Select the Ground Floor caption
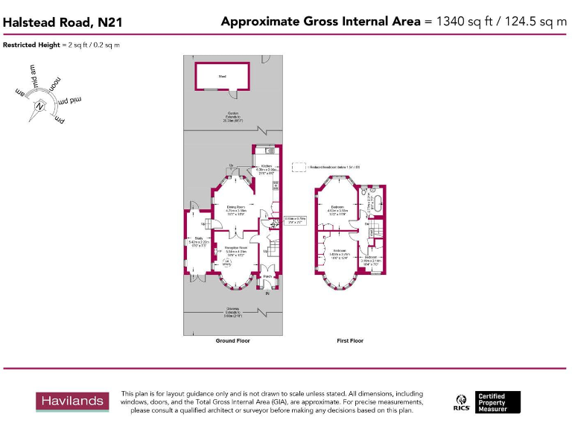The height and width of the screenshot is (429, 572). coord(233,340)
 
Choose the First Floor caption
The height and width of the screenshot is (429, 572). coord(350,340)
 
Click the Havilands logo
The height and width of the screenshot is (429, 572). coord(71,401)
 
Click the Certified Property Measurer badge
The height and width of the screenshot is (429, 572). coord(498,402)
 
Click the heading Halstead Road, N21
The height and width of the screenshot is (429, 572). coord(63,22)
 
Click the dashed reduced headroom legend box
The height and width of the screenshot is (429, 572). coord(300,167)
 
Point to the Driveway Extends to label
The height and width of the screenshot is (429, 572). coord(233,314)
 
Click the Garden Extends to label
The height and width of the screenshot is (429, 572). coord(233,117)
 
